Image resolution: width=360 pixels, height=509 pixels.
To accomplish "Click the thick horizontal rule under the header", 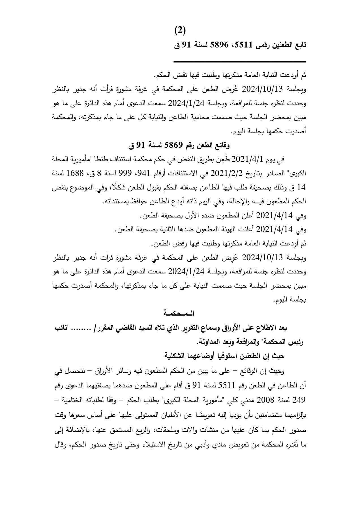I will (x=239, y=62).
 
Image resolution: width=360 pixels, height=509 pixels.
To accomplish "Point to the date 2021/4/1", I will (x=248, y=160).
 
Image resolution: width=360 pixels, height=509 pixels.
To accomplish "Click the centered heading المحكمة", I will (x=180, y=314).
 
